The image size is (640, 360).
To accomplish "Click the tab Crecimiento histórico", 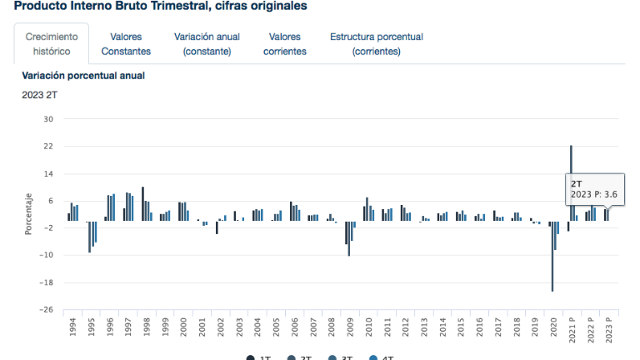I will click(52, 44).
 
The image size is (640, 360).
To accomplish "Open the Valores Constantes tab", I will click(126, 44).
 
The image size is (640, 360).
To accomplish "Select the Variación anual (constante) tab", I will click(207, 44).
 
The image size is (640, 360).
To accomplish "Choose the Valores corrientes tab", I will click(285, 44).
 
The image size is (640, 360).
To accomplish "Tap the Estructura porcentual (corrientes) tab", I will click(377, 44).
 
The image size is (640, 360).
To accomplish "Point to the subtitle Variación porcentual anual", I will click(83, 76).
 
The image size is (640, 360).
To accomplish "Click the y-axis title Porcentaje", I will click(28, 213).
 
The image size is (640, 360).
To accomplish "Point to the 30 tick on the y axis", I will click(48, 119).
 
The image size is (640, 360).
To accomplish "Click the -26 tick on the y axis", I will click(47, 310).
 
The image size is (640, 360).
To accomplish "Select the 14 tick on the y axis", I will click(48, 173).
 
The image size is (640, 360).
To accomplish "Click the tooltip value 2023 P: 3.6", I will click(594, 195).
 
